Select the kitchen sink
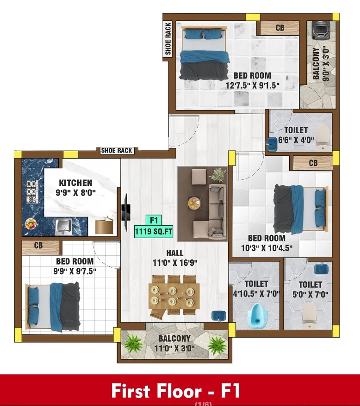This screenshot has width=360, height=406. [63, 227]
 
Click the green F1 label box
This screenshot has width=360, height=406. [154, 221]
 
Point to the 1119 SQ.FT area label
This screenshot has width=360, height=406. [154, 232]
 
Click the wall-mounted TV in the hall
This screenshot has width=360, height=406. [126, 212]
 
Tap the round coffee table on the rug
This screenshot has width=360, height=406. [194, 203]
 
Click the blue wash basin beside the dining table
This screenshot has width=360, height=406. [219, 316]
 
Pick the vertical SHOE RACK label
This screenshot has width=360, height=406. [168, 38]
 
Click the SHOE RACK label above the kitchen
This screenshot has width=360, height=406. [117, 150]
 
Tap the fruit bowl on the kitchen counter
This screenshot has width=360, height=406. [31, 224]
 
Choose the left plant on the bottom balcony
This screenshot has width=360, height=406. [133, 344]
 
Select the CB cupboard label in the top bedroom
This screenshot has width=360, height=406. [280, 28]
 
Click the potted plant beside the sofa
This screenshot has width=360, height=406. [217, 175]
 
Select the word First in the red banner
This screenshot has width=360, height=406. [131, 391]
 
